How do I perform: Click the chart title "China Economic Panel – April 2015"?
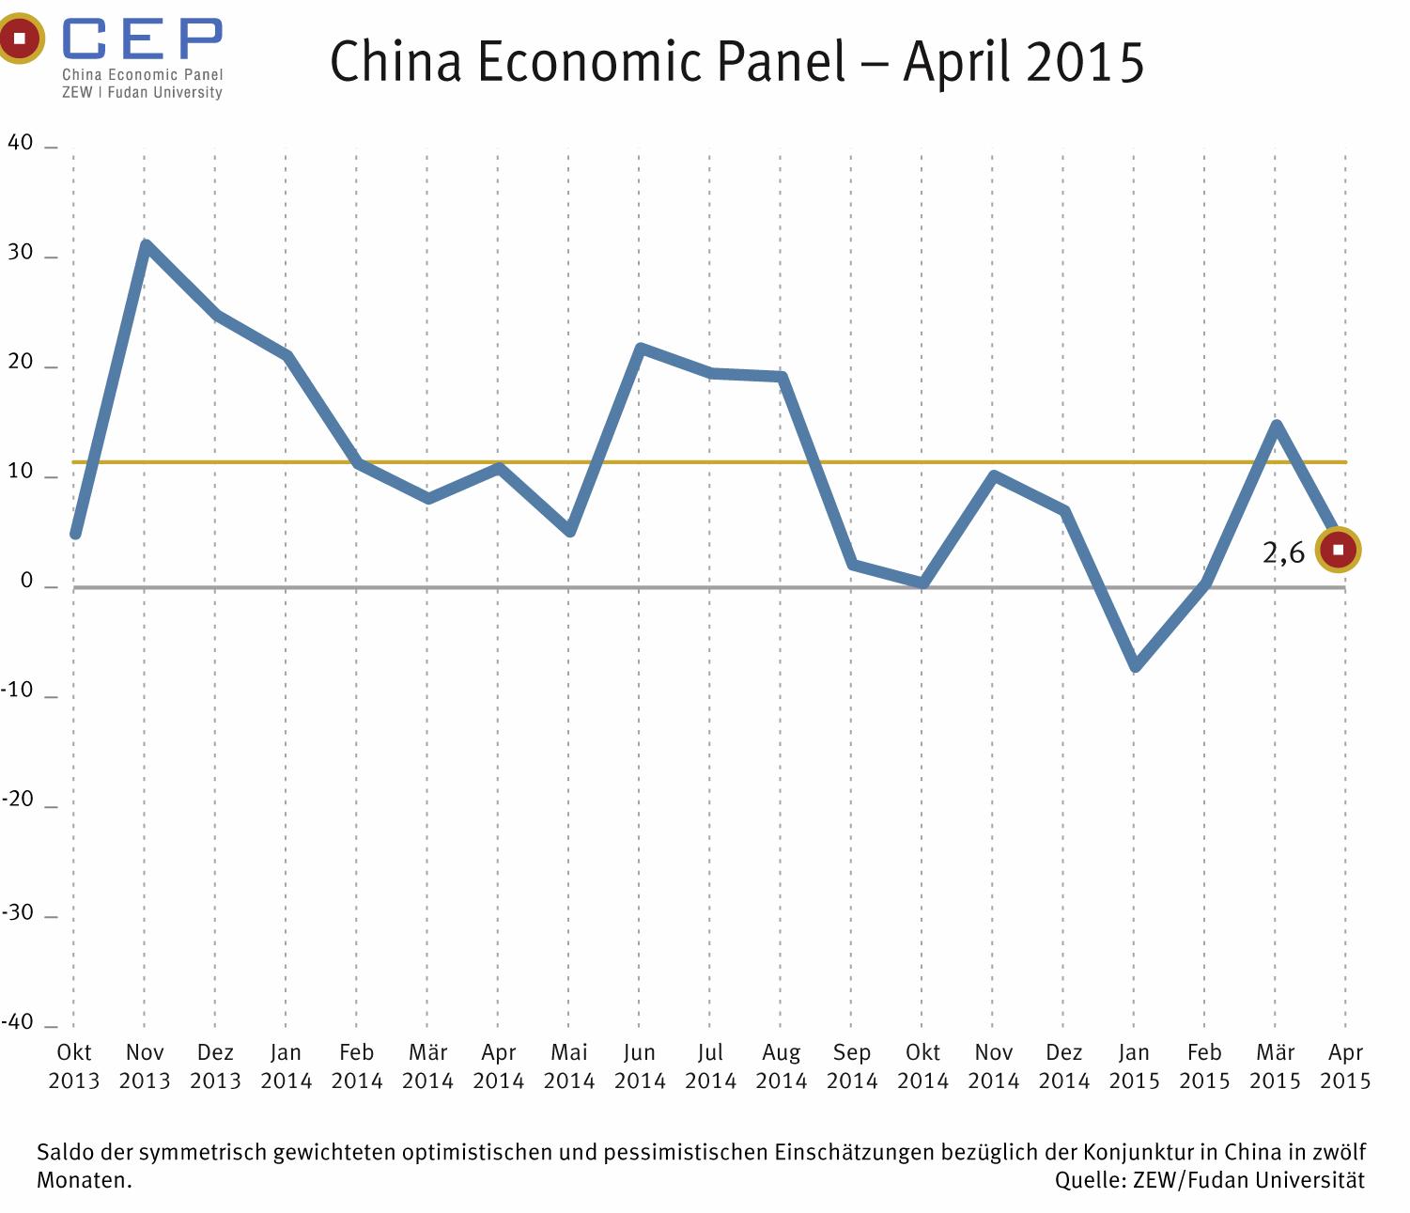pyautogui.click(x=736, y=62)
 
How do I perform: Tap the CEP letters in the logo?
pyautogui.click(x=143, y=39)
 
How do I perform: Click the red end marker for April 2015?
pyautogui.click(x=1338, y=550)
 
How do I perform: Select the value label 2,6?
pyautogui.click(x=1283, y=552)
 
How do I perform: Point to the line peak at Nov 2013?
pyautogui.click(x=146, y=245)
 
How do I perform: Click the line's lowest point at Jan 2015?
pyautogui.click(x=1135, y=667)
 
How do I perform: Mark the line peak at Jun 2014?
pyautogui.click(x=640, y=349)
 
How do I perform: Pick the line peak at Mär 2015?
pyautogui.click(x=1276, y=426)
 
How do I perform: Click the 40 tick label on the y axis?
pyautogui.click(x=21, y=143)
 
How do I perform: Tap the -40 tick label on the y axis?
pyautogui.click(x=18, y=1022)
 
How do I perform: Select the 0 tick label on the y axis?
pyautogui.click(x=26, y=582)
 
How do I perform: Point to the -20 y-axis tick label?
pyautogui.click(x=18, y=800)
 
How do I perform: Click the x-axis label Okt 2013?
pyautogui.click(x=74, y=1066)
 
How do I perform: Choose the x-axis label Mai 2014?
pyautogui.click(x=569, y=1066)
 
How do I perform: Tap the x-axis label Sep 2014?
pyautogui.click(x=852, y=1066)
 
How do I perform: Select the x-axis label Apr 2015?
pyautogui.click(x=1345, y=1066)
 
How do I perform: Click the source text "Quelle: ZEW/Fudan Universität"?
pyautogui.click(x=1209, y=1181)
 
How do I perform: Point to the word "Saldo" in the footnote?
pyautogui.click(x=60, y=1153)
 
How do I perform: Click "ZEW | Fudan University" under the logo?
pyautogui.click(x=143, y=93)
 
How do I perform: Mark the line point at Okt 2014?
pyautogui.click(x=923, y=583)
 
